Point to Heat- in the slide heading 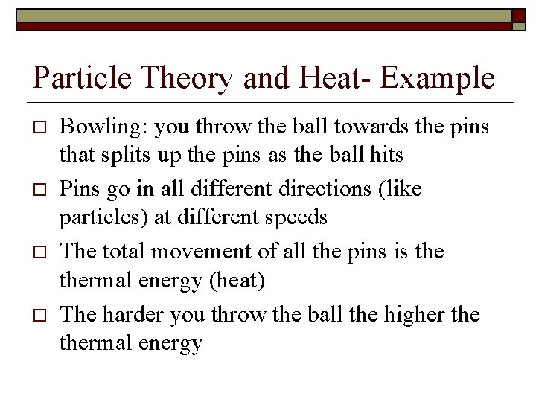[328, 77]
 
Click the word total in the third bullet [123, 251]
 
